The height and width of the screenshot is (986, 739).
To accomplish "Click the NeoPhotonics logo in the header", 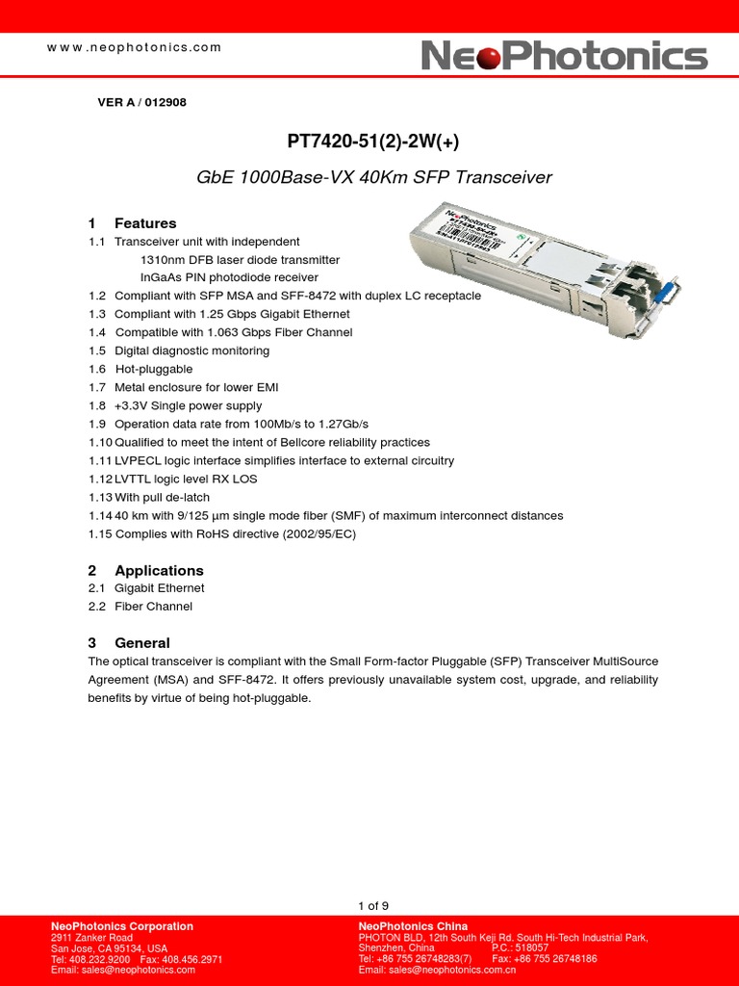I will pyautogui.click(x=565, y=56).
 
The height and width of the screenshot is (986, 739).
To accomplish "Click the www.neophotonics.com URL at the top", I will pyautogui.click(x=135, y=47).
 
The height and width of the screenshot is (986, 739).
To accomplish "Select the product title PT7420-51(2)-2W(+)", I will pyautogui.click(x=373, y=142).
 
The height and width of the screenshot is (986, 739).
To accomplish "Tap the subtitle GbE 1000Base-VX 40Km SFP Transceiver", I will pyautogui.click(x=373, y=177).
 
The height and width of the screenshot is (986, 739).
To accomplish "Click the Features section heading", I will pyautogui.click(x=144, y=223).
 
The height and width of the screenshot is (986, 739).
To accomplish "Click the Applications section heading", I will pyautogui.click(x=159, y=570).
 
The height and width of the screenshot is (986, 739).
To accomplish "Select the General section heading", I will pyautogui.click(x=141, y=642).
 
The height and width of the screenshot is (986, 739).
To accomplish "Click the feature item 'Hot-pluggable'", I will pyautogui.click(x=154, y=369).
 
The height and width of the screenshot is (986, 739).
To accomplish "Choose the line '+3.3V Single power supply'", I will pyautogui.click(x=188, y=405).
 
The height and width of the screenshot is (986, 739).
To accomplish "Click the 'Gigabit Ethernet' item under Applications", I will pyautogui.click(x=159, y=588).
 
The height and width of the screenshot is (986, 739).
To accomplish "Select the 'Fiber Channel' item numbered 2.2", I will pyautogui.click(x=153, y=607).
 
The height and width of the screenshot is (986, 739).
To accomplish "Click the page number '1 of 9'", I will pyautogui.click(x=373, y=905).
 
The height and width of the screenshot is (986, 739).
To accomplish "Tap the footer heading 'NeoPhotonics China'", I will pyautogui.click(x=413, y=926).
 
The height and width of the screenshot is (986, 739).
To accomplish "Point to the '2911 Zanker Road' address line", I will pyautogui.click(x=91, y=938).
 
